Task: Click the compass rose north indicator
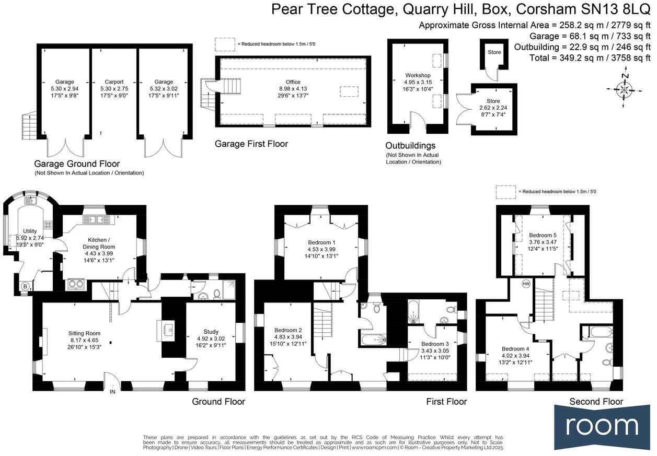(624, 90)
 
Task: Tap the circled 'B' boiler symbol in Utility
(24, 286)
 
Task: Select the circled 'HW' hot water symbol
(526, 284)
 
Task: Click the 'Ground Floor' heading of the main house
(218, 402)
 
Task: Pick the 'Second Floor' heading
(596, 402)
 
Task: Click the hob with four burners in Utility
(48, 225)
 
